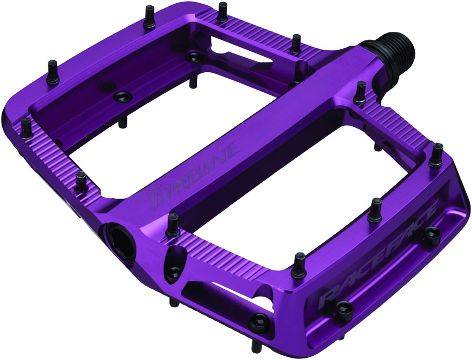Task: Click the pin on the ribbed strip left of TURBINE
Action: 81,181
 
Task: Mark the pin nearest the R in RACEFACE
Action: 299,265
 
